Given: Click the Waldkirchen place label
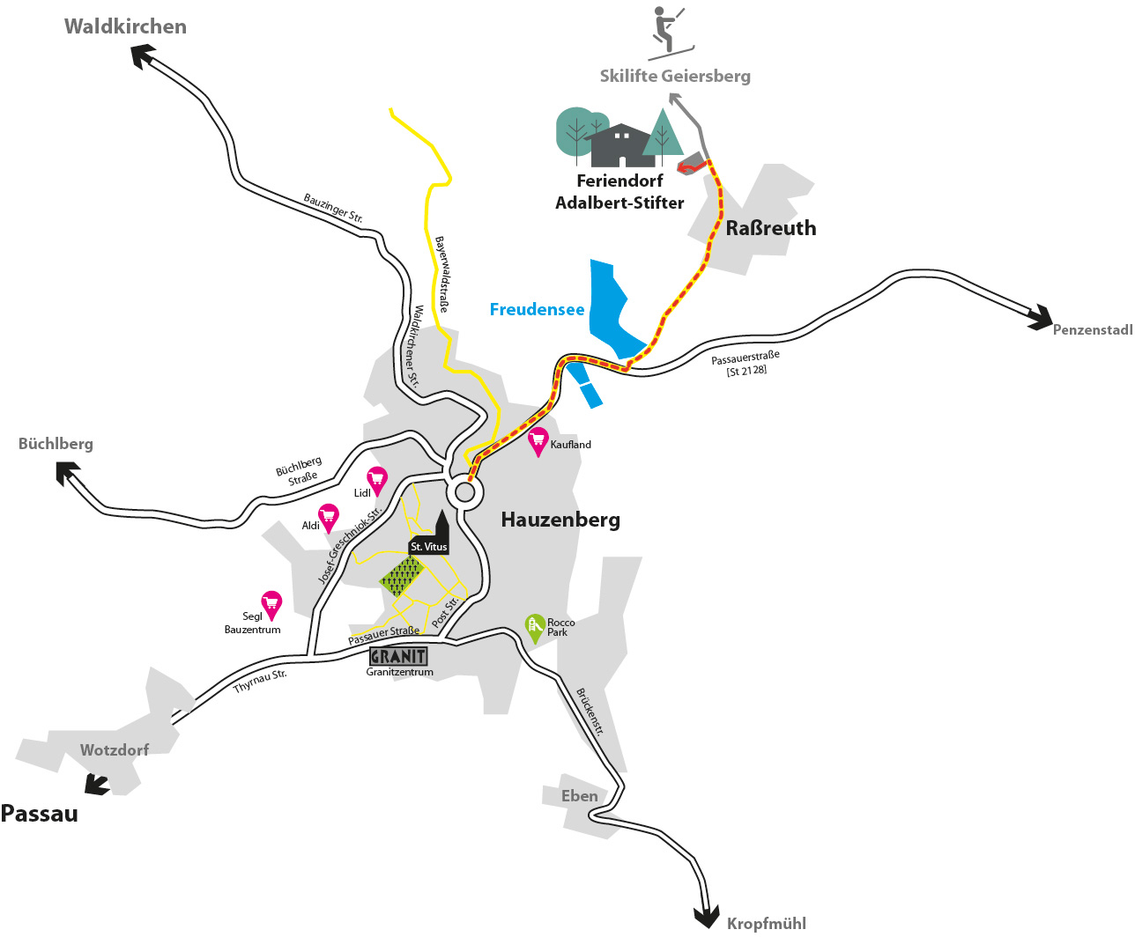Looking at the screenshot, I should click(x=125, y=26).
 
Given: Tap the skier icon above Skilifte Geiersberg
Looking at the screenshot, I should click(x=669, y=33).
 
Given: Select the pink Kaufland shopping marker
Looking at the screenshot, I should click(x=538, y=441).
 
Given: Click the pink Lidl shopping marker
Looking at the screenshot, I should click(x=377, y=480).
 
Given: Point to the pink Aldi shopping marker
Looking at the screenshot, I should click(x=330, y=517).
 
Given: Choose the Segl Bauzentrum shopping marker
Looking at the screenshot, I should click(x=271, y=604).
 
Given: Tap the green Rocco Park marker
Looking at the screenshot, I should click(x=534, y=627).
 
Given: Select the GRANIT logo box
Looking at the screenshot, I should click(x=398, y=656).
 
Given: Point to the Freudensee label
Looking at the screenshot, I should click(x=537, y=309).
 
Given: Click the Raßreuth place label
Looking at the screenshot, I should click(x=770, y=228).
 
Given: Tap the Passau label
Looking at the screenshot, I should click(x=40, y=813).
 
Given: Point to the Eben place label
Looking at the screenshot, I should click(x=579, y=796).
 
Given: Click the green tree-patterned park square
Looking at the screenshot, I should click(x=403, y=577).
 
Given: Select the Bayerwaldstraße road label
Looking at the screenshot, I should click(x=441, y=274).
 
